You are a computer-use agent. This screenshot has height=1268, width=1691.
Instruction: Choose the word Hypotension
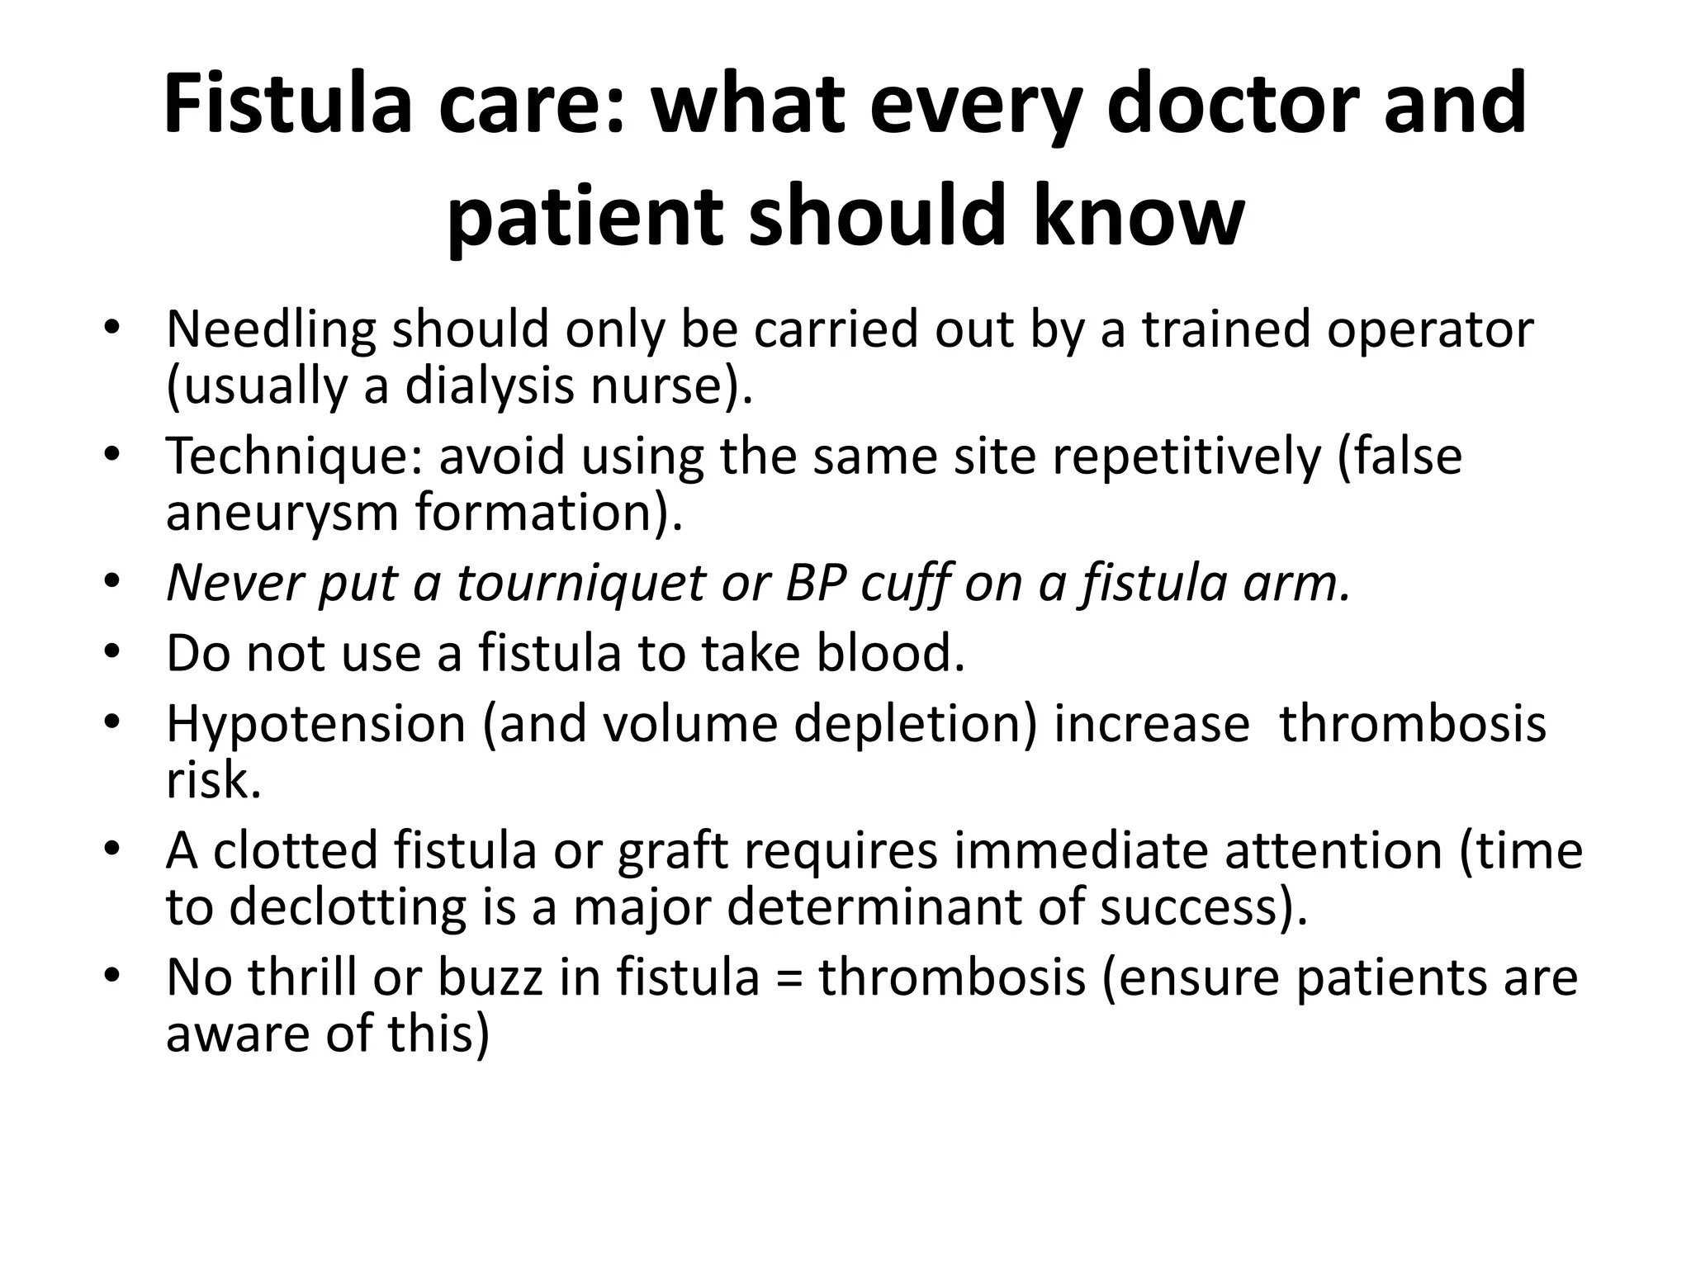316,724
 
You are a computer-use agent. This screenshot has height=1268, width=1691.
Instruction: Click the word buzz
490,977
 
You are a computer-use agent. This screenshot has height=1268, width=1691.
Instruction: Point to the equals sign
789,979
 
